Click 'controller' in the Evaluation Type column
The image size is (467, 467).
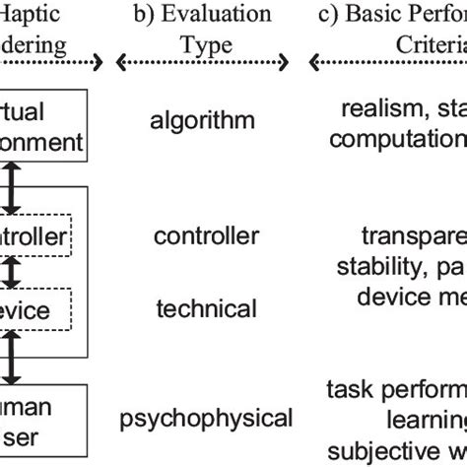point(207,235)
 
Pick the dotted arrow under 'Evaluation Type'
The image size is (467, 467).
point(206,65)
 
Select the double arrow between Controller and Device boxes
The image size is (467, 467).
point(11,269)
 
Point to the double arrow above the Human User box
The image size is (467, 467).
point(11,357)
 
